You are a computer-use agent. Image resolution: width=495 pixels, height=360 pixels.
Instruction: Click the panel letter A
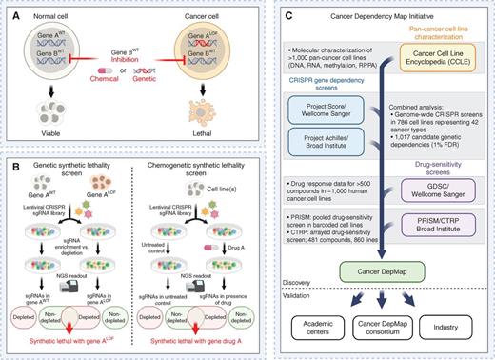(9, 9)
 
